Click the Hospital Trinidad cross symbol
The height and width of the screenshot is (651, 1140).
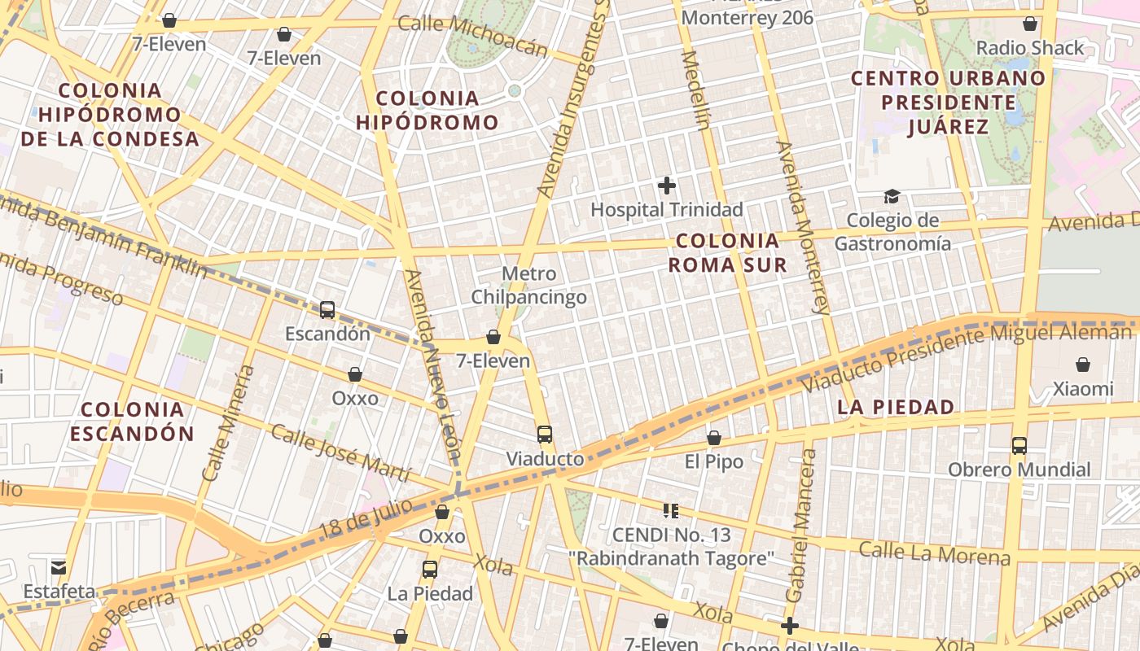(667, 186)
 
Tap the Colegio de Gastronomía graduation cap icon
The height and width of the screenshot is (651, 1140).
(892, 197)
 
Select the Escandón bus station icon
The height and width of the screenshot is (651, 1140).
(327, 310)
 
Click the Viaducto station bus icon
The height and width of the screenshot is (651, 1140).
(545, 435)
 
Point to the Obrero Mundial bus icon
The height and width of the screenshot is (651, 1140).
(1019, 445)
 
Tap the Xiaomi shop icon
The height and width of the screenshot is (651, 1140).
(1083, 365)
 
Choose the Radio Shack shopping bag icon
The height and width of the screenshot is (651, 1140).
(1030, 24)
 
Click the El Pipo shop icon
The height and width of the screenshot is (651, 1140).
(714, 438)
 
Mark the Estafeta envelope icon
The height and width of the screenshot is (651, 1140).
(59, 567)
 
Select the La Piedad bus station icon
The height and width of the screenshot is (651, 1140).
(430, 570)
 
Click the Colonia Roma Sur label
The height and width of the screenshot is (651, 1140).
(728, 252)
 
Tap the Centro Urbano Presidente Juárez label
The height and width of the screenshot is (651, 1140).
(948, 103)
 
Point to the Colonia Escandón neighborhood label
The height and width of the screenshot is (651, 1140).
(132, 421)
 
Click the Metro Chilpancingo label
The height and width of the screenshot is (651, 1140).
(529, 285)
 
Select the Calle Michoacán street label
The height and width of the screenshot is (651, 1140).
(473, 37)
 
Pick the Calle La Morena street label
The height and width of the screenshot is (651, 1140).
(934, 553)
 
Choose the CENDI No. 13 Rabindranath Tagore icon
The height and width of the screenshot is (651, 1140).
(671, 511)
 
